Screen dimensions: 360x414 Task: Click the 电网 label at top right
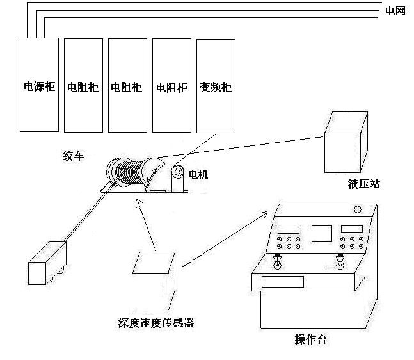395,11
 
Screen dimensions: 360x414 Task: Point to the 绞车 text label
74,155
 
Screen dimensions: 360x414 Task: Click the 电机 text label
198,174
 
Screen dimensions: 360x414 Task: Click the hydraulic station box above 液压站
346,144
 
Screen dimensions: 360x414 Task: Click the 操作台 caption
310,340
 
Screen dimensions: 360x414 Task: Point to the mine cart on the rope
47,261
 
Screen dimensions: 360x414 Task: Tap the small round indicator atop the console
358,209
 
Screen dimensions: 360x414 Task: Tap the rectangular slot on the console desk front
282,281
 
